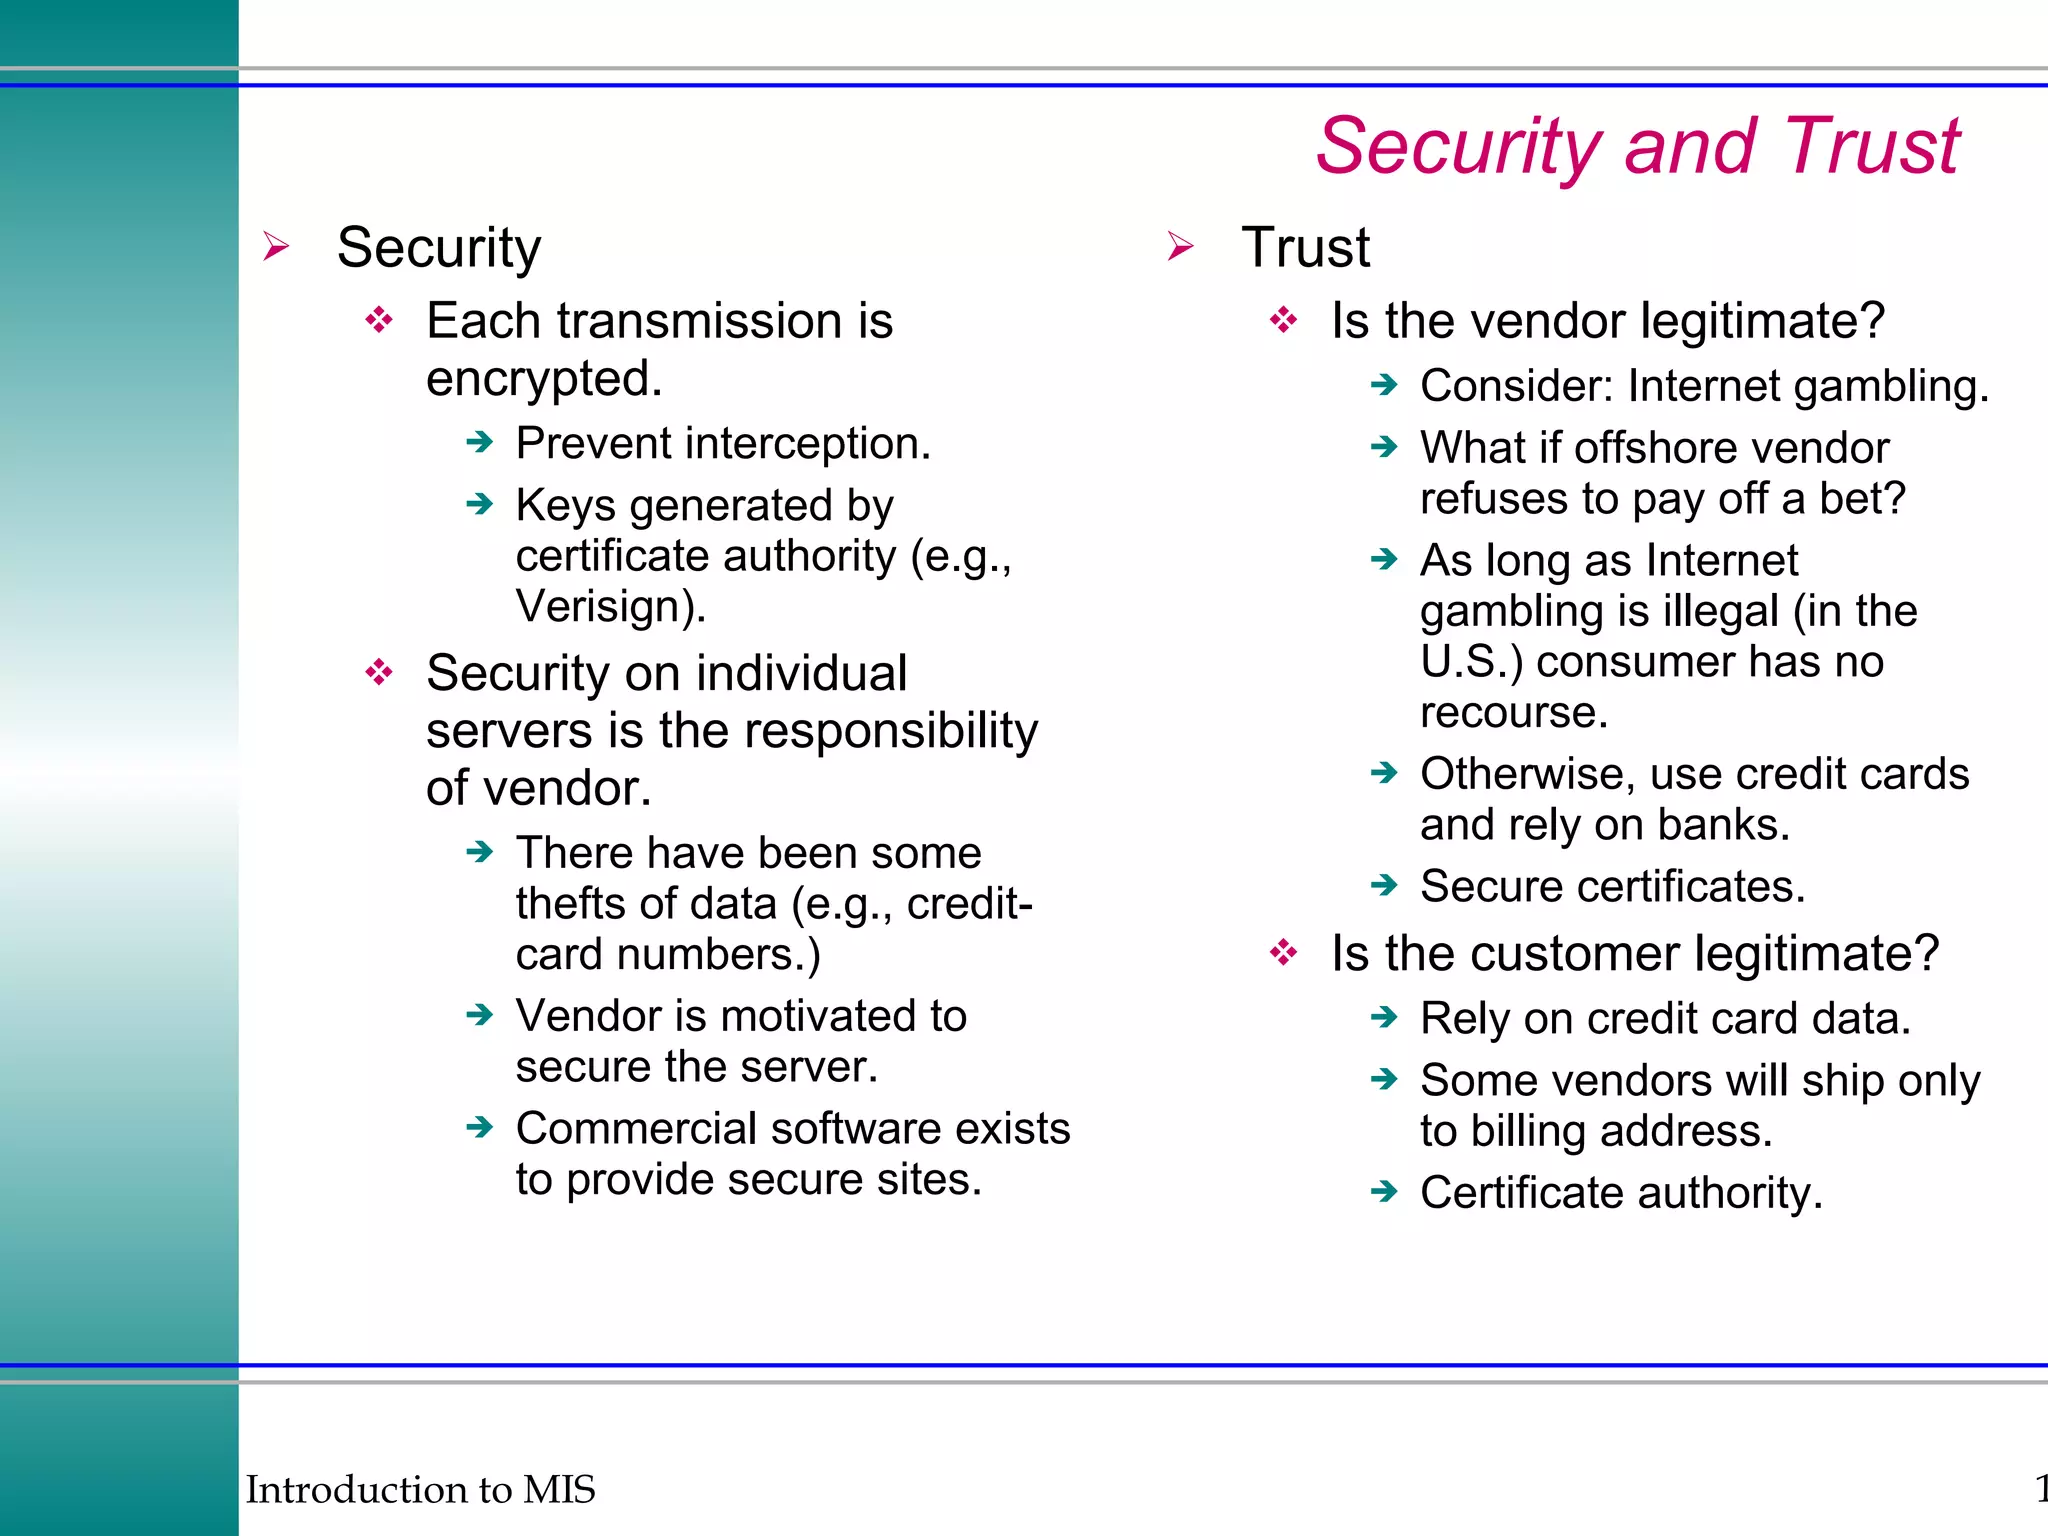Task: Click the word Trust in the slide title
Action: (1872, 147)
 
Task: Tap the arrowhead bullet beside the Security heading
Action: (276, 246)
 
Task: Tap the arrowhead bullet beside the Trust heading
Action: (1180, 246)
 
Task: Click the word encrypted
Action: (543, 379)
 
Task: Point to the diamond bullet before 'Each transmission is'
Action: (379, 321)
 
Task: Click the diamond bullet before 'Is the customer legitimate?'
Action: (1284, 953)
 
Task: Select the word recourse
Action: (1512, 712)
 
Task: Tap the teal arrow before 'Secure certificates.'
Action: (1384, 885)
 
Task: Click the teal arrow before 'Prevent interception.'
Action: (480, 442)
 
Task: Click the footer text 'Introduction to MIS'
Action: (420, 1489)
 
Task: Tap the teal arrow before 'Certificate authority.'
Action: (1384, 1191)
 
